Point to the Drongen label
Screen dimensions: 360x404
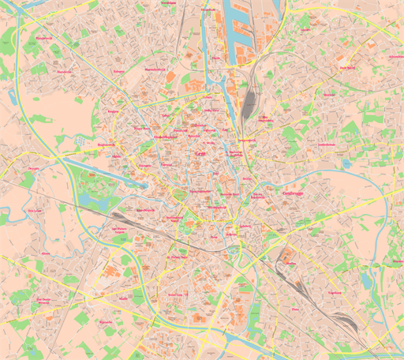33,169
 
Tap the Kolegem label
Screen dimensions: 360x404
119,71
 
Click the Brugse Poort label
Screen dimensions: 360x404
141,129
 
